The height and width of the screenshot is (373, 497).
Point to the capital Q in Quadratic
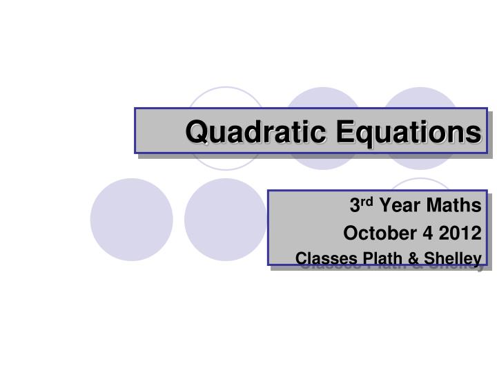[197, 132]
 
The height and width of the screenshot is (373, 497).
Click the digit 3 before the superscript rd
[354, 205]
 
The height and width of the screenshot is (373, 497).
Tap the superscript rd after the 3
[367, 202]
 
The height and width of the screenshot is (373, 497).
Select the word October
[377, 233]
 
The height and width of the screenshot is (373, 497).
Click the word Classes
[321, 258]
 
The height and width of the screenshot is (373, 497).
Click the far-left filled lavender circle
[131, 219]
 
